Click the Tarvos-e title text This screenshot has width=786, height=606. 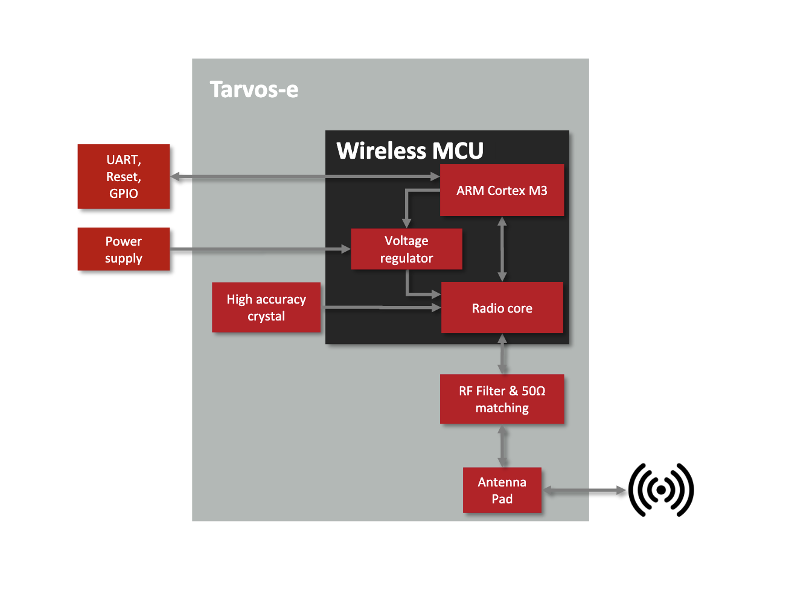point(254,89)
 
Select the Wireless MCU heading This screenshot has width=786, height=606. point(410,150)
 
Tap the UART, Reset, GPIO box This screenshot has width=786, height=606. point(124,176)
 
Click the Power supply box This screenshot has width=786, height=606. point(124,249)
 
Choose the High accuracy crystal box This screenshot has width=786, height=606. point(266,307)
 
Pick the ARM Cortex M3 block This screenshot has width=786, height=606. point(502,190)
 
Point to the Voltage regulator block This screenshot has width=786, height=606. point(406,249)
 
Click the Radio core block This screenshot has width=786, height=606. point(502,308)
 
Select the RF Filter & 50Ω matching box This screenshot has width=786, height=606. point(502,399)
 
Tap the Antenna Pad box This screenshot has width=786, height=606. point(502,490)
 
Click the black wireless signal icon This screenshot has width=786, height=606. point(660,490)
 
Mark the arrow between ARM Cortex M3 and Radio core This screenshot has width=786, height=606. point(502,249)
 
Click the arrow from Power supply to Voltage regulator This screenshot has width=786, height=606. point(260,249)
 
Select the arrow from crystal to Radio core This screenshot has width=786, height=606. point(380,307)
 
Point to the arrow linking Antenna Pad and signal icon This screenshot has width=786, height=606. point(584,490)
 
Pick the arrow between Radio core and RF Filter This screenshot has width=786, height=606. point(502,354)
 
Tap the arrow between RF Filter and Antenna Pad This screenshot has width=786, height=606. point(502,445)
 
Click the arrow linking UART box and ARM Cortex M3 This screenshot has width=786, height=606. point(305,176)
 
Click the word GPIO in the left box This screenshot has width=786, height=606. point(124,194)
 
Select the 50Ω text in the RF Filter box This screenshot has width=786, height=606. point(534,391)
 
